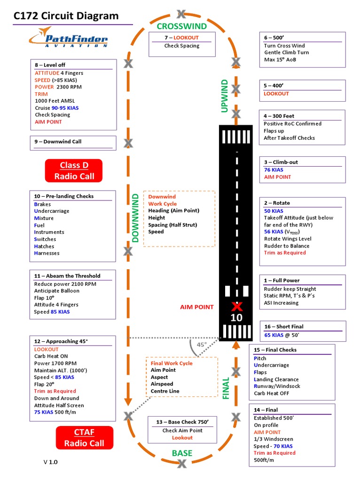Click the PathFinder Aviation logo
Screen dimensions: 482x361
click(68, 37)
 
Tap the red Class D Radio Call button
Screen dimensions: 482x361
click(74, 171)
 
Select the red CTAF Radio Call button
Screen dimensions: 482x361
click(84, 438)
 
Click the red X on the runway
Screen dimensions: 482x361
click(237, 306)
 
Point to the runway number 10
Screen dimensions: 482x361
click(236, 318)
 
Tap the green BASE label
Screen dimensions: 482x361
click(182, 453)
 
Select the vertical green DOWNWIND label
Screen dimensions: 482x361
click(136, 217)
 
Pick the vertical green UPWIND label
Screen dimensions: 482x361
click(225, 96)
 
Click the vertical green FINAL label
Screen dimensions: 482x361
click(226, 388)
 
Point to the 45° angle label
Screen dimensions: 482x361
click(202, 345)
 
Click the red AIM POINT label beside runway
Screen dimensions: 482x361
click(196, 307)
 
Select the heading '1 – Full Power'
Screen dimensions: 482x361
click(282, 281)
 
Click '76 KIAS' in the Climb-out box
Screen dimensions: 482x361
click(274, 170)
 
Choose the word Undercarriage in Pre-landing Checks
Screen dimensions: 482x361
click(52, 211)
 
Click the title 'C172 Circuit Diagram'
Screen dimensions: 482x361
click(66, 16)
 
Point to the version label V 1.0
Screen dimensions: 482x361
click(51, 462)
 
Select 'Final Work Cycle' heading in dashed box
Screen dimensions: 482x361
click(172, 363)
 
